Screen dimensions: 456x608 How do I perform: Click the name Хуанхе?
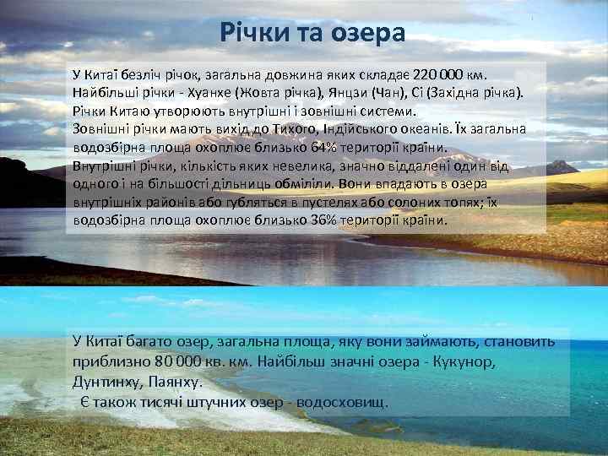click(242, 92)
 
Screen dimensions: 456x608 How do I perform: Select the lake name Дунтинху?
click(106, 381)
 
